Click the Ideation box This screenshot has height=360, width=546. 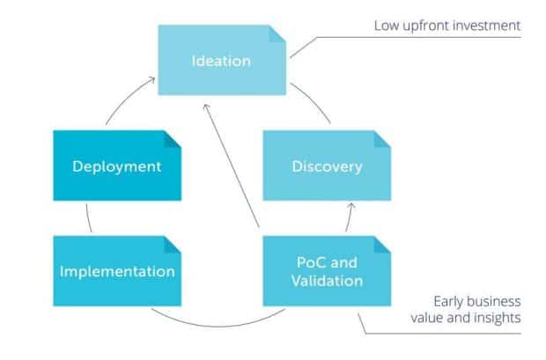click(222, 60)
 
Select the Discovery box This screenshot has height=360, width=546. click(327, 165)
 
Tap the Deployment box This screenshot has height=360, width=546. click(117, 165)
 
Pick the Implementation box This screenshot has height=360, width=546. click(117, 271)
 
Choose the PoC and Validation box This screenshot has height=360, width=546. click(327, 271)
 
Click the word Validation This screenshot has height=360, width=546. click(327, 281)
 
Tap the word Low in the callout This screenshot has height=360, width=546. click(387, 26)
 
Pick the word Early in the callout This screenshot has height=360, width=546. click(448, 302)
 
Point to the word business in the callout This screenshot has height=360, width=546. click(494, 301)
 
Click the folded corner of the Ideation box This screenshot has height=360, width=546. click(277, 33)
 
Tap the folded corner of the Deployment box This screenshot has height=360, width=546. click(173, 139)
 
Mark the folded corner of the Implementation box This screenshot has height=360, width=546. click(173, 245)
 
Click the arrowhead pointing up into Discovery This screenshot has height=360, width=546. click(351, 206)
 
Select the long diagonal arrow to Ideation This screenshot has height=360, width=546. click(232, 165)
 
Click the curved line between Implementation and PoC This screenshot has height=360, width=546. click(218, 326)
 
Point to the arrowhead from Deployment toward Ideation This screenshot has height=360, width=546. click(151, 80)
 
